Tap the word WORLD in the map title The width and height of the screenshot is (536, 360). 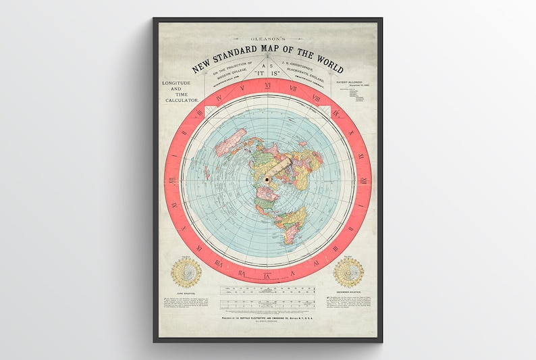coord(325,67)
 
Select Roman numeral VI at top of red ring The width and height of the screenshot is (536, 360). coord(268,86)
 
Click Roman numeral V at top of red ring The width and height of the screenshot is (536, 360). coord(241,90)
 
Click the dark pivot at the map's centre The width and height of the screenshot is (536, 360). coord(267,180)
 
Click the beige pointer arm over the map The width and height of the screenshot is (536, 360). coord(277,166)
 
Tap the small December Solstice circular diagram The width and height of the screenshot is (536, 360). coord(349,272)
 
